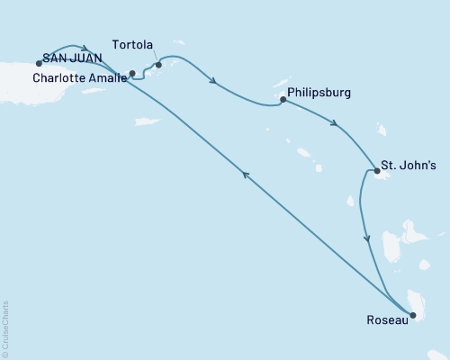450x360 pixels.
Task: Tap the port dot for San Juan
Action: point(39,63)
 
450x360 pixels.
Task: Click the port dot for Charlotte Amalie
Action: point(132,73)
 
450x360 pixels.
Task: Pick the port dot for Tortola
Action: point(158,65)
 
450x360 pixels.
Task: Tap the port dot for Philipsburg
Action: point(283,100)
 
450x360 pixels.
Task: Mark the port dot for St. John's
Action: point(376,169)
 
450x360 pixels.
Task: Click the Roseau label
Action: point(385,319)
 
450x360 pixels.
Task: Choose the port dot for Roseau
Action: point(413,315)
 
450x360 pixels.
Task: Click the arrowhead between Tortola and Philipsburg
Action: point(213,83)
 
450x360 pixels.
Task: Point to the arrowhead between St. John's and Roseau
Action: point(366,238)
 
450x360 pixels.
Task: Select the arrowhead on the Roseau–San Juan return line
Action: point(245,177)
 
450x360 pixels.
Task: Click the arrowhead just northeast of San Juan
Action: point(85,49)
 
